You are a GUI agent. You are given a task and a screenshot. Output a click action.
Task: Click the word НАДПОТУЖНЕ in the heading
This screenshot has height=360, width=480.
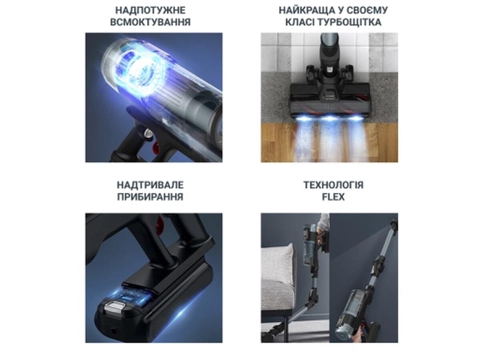point(150,10)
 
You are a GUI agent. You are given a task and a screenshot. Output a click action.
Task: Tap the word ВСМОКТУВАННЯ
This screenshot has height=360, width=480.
point(150,22)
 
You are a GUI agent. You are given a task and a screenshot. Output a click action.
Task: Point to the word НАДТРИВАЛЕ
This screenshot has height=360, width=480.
point(150,185)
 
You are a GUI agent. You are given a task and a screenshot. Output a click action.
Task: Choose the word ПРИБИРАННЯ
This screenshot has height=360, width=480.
point(150,197)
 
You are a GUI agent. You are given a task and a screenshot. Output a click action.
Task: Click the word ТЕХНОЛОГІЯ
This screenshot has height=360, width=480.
point(333,185)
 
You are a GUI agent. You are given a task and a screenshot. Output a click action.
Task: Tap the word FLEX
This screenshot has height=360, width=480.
point(333,197)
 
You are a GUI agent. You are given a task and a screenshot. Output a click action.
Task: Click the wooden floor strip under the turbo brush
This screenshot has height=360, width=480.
point(329,142)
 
